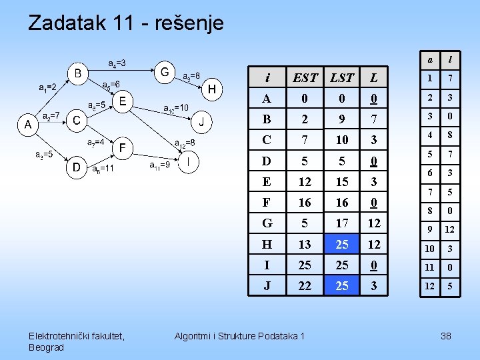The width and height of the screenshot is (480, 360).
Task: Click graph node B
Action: click(x=78, y=72)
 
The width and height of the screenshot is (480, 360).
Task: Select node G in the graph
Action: click(x=164, y=71)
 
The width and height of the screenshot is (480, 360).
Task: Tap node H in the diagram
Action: click(x=212, y=89)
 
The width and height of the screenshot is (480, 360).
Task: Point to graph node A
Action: click(x=27, y=124)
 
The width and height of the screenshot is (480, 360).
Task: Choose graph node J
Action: click(x=201, y=122)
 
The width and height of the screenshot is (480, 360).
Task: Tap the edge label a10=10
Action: click(x=175, y=107)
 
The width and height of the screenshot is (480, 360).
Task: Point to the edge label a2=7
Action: click(x=51, y=115)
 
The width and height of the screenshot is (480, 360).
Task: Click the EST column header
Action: click(x=305, y=77)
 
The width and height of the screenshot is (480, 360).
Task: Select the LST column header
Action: click(x=342, y=77)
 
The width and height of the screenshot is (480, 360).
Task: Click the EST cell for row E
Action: click(x=305, y=182)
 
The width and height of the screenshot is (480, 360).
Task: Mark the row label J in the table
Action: click(x=267, y=286)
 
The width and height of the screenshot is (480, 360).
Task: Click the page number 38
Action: click(x=446, y=336)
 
